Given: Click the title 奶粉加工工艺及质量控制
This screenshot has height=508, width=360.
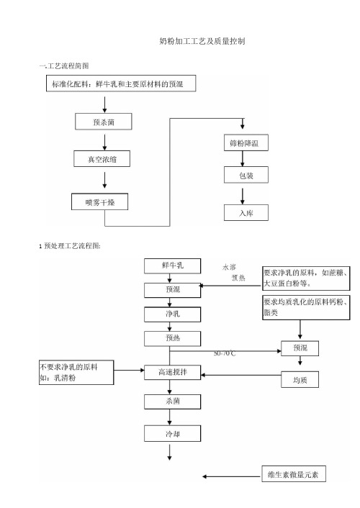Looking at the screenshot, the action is tap(202, 41).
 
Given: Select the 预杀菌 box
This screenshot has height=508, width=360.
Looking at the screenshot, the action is tap(104, 122).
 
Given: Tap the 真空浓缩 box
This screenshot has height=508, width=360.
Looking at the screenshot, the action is tap(102, 159).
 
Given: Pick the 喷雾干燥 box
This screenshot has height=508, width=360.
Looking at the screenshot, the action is tap(99, 201).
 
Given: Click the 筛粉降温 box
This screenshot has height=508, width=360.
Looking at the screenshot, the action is tap(246, 142).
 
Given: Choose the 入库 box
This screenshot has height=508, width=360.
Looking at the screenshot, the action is tap(246, 213).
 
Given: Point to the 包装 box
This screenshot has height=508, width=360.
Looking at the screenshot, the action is tap(246, 175).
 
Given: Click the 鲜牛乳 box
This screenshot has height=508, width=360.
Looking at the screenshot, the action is tap(173, 266).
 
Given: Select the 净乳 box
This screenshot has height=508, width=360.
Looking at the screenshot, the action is tap(173, 314).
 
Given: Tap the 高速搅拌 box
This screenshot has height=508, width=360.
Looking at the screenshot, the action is tap(173, 372).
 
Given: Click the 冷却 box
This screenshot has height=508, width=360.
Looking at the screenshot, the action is tap(173, 433).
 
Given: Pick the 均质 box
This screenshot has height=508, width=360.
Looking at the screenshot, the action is tap(300, 380).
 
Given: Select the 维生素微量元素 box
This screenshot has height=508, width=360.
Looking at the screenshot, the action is tap(294, 474).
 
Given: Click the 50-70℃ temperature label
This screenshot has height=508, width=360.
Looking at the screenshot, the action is tap(225, 353).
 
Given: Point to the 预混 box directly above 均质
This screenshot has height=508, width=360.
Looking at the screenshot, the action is tap(300, 348).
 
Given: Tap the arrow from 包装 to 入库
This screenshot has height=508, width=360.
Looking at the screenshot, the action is tap(242, 196).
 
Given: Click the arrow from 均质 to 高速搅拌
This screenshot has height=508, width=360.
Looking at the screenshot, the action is tap(241, 375).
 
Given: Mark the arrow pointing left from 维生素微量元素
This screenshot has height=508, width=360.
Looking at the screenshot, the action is tap(232, 476).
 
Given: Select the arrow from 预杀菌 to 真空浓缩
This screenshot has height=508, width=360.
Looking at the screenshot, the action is tap(104, 142).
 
